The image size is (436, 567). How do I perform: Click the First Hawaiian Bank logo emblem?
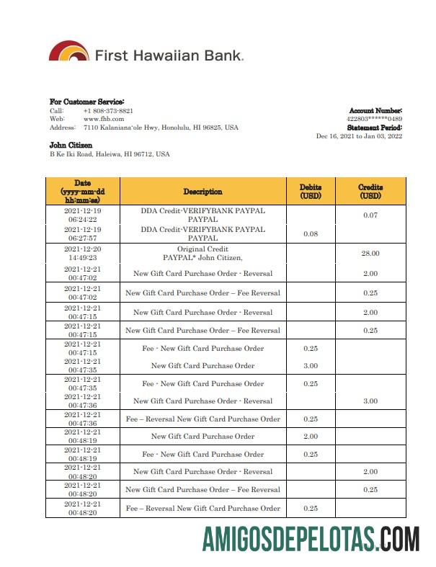[68, 52]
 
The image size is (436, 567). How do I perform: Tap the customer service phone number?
[108, 111]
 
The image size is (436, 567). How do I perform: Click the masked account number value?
[374, 119]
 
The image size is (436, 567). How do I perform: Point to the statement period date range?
[359, 136]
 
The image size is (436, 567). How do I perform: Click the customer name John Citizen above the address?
[71, 146]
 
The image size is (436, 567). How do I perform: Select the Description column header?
[203, 192]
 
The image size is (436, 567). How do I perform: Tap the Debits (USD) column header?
[311, 192]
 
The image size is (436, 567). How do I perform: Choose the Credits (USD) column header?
[370, 192]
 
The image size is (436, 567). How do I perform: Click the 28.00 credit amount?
[370, 253]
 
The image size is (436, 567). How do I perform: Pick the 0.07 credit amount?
[370, 215]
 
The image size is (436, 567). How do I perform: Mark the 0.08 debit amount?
[311, 233]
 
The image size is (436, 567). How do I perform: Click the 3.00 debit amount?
[311, 366]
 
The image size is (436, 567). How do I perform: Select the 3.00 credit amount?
[370, 401]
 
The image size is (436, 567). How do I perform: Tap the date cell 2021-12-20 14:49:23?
[82, 252]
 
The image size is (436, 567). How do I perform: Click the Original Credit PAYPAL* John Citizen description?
[203, 253]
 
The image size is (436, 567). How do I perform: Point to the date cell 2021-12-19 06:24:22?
[82, 215]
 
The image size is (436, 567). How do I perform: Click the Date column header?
[82, 192]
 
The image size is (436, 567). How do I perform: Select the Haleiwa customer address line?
[110, 154]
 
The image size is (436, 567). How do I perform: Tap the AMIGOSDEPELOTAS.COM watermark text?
[311, 539]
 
